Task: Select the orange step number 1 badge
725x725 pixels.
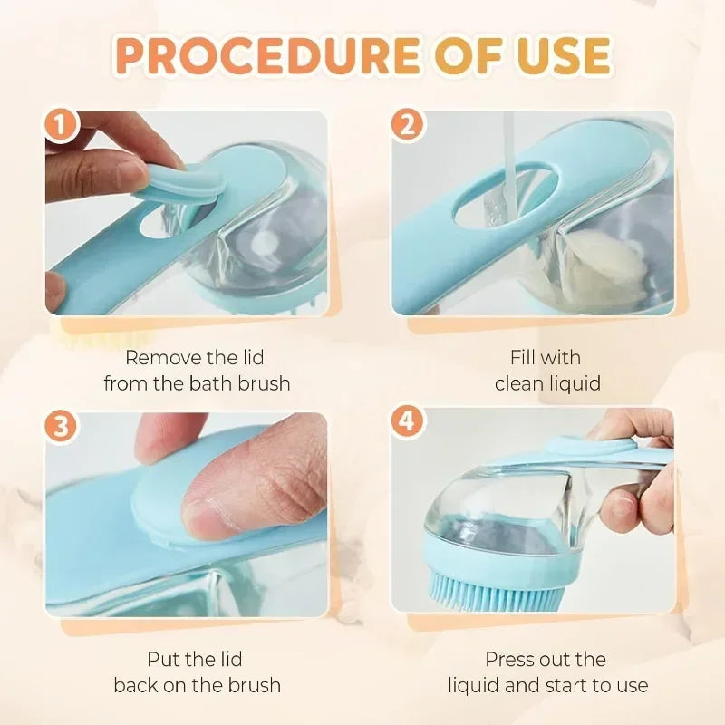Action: tap(62, 127)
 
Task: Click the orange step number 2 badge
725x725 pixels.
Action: tap(408, 127)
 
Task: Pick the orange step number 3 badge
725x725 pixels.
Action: tap(62, 428)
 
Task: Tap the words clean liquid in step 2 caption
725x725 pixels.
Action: tap(547, 383)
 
